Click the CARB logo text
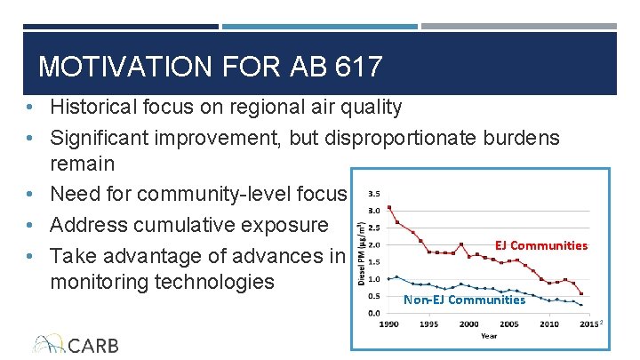[93, 345]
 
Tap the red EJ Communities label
[541, 245]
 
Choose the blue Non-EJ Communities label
[464, 300]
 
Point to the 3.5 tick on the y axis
[374, 193]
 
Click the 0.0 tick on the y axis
[374, 313]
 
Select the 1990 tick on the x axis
[389, 324]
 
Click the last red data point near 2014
[581, 293]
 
